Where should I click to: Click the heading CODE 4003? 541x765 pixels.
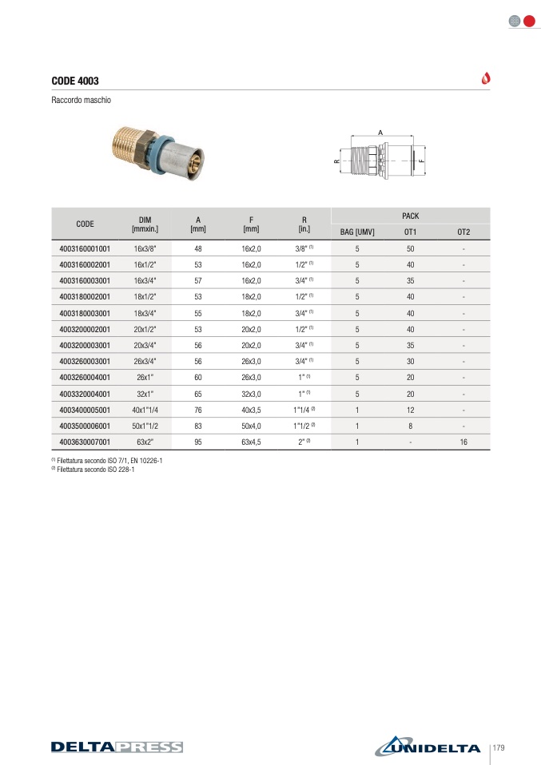point(75,81)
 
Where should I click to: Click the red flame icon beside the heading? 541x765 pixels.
point(486,78)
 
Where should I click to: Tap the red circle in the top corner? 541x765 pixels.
point(529,21)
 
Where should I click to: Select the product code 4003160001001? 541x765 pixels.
point(85,249)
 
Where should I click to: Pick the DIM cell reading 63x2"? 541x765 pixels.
point(145,442)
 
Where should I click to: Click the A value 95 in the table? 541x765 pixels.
point(198,442)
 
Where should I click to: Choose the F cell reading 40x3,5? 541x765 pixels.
point(251,410)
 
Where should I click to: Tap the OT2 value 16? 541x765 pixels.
point(463,442)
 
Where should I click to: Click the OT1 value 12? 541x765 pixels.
point(410,410)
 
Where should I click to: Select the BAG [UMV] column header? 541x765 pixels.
point(357,232)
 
